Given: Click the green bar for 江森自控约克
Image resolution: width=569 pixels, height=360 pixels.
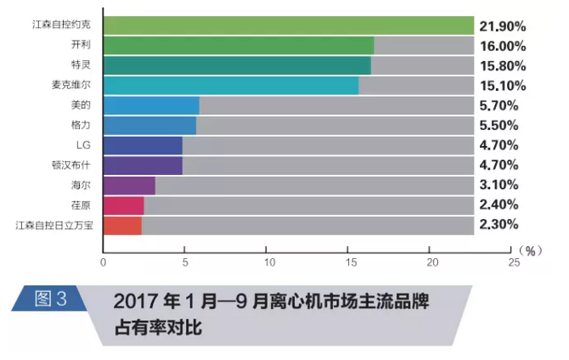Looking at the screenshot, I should click(x=288, y=25).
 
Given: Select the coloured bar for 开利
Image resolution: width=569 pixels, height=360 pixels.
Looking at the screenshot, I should click(x=238, y=46).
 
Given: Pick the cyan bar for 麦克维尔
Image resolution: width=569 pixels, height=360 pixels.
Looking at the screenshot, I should click(x=230, y=85).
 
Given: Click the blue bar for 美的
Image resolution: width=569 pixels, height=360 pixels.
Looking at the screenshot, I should click(x=151, y=105).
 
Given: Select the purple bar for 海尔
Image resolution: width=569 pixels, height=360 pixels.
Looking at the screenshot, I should click(x=129, y=185).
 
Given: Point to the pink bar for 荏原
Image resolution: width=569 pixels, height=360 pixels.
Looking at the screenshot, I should click(x=123, y=205).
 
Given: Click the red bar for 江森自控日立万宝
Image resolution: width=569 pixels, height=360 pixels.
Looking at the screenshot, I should click(x=122, y=225).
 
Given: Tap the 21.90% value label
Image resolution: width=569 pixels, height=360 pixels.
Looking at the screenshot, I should click(x=504, y=26).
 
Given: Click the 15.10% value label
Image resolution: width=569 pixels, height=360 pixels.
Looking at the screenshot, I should click(x=504, y=86).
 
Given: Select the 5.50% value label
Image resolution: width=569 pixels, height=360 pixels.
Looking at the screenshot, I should click(x=501, y=126).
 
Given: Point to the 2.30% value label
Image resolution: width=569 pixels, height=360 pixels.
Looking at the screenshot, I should click(x=501, y=225).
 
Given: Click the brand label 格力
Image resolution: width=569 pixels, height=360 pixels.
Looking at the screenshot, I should click(x=82, y=125).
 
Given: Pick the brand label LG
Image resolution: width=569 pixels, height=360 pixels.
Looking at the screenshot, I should click(x=83, y=145).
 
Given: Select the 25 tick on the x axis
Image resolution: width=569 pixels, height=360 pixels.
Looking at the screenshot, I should click(x=513, y=262).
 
